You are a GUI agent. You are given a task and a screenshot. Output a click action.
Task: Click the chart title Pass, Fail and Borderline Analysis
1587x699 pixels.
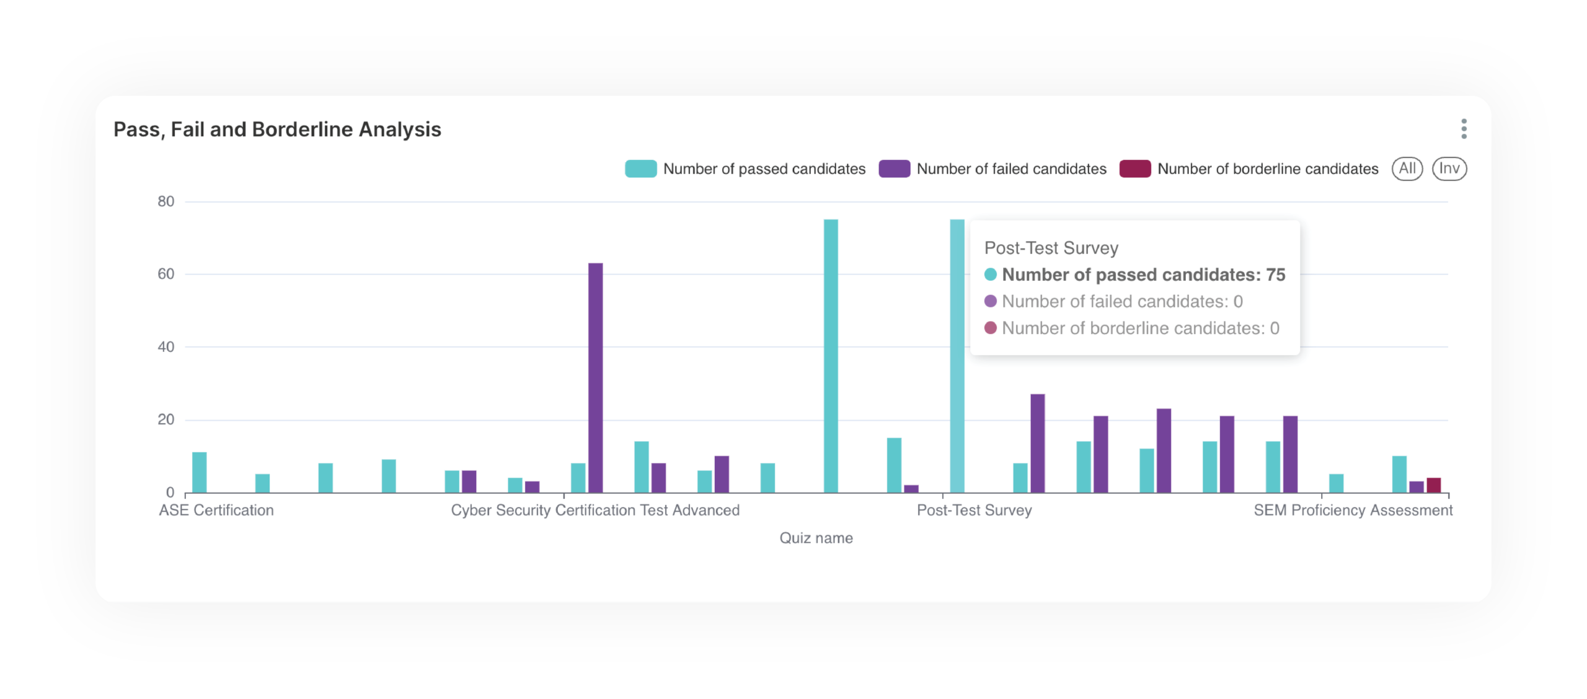coord(277,130)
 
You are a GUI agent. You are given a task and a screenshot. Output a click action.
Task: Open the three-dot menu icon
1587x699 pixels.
coord(1464,129)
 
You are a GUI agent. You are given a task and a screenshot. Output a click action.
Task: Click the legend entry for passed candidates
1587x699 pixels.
coord(745,169)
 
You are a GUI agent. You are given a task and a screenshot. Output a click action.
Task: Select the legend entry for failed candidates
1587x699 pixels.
coord(992,169)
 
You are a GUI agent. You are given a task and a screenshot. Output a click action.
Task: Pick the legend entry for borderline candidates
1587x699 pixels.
coord(1249,169)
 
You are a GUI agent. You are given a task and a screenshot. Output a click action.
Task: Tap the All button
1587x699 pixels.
coord(1407,169)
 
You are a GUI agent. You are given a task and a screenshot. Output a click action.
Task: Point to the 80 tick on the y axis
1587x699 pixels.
coord(166,201)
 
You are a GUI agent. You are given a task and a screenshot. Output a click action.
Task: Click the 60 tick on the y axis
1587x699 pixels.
coord(166,274)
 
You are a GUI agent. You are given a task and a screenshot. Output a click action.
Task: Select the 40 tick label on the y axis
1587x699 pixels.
coord(166,347)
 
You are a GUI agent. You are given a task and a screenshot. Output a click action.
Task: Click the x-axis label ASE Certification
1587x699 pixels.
coord(216,510)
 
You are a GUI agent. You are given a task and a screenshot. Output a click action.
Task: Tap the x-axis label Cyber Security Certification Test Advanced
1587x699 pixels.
coord(595,510)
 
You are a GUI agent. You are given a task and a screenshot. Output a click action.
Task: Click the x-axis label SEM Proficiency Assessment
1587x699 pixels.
coord(1353,510)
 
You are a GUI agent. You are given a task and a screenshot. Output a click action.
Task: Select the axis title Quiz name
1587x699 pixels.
coord(816,538)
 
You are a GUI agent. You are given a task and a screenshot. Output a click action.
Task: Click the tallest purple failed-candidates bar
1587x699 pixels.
coord(595,378)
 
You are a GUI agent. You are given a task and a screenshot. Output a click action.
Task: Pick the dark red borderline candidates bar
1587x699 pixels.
coord(1433,485)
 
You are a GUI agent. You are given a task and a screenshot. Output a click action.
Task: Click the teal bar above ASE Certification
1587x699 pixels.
coord(200,472)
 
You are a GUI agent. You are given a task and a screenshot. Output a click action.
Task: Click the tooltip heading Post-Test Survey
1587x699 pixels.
coord(1051,248)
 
